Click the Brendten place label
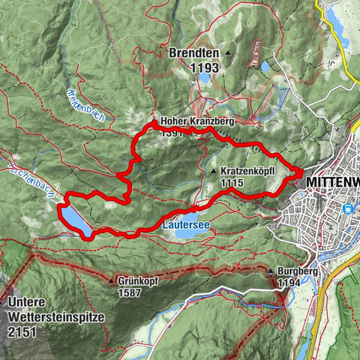(x=193, y=54)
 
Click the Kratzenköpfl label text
(x=250, y=171)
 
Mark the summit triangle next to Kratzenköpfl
(x=214, y=172)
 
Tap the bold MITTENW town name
(x=330, y=182)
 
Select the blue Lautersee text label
(x=185, y=223)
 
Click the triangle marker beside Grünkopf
(x=110, y=281)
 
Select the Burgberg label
(x=294, y=271)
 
